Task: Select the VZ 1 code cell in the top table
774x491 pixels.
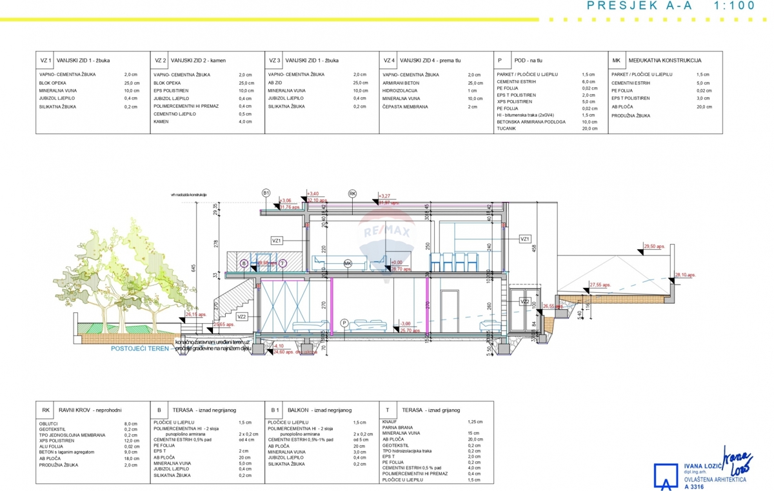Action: pos(45,61)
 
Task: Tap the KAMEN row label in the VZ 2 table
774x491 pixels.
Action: pos(161,122)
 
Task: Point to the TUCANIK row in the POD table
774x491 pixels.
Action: pos(506,128)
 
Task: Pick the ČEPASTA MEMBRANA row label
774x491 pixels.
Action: pos(405,106)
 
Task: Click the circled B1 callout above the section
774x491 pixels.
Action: pos(266,193)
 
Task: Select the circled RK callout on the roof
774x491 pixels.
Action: pos(352,193)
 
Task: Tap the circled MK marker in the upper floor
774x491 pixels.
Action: pos(348,263)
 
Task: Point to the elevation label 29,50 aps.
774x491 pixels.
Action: pos(654,246)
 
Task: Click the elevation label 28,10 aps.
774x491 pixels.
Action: pos(686,275)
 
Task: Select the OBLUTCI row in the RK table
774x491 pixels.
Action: pos(48,423)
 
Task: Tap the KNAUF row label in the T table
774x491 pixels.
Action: pos(390,422)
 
